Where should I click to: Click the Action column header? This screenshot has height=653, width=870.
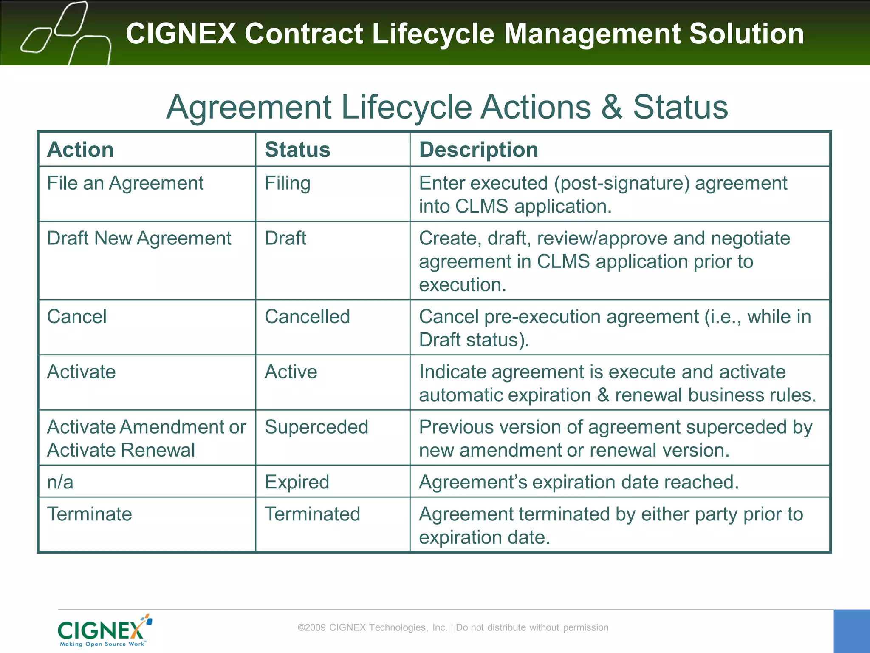[80, 150]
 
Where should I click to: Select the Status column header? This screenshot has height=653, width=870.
[297, 150]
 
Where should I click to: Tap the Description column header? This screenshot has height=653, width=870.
[478, 150]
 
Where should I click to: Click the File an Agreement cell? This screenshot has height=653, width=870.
[125, 184]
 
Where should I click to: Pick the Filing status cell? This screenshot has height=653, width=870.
[288, 184]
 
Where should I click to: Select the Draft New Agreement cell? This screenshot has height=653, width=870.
[139, 238]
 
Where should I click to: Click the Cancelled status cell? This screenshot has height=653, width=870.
[307, 317]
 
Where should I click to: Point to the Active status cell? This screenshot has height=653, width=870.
[291, 372]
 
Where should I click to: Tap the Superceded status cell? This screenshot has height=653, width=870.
[316, 427]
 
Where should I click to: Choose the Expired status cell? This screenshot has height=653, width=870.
[297, 482]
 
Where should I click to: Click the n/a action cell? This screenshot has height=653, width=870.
[60, 482]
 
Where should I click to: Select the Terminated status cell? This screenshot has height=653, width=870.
[312, 514]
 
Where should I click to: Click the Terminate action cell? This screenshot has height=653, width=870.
[90, 514]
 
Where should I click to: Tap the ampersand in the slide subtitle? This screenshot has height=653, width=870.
[611, 107]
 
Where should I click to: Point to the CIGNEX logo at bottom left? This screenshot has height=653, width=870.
[105, 630]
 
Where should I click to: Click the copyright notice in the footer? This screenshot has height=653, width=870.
[453, 627]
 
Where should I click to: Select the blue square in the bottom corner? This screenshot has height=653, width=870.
[851, 631]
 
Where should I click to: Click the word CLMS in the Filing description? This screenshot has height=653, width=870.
[481, 207]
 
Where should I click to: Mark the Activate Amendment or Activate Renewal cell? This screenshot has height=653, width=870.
[146, 438]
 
